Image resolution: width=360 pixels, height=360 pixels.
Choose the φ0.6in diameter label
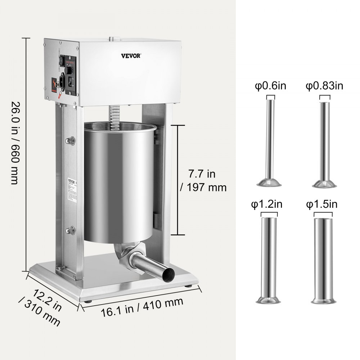click(x=270, y=86)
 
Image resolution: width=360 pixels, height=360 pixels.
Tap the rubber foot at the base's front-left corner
click(x=87, y=300)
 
